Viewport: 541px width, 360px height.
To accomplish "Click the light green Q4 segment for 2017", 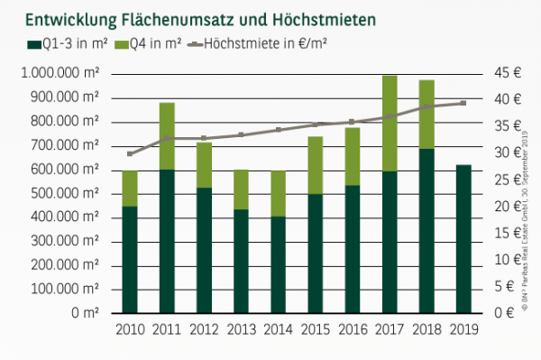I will pyautogui.click(x=390, y=124).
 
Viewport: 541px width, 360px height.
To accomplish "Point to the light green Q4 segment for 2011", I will pyautogui.click(x=167, y=136).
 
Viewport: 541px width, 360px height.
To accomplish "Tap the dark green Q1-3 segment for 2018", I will pyautogui.click(x=426, y=230).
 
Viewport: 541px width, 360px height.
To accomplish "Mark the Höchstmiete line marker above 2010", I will pyautogui.click(x=130, y=153).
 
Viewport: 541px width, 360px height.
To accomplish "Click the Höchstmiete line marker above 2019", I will pyautogui.click(x=463, y=103).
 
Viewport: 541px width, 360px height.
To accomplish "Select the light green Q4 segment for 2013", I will pyautogui.click(x=241, y=189).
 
